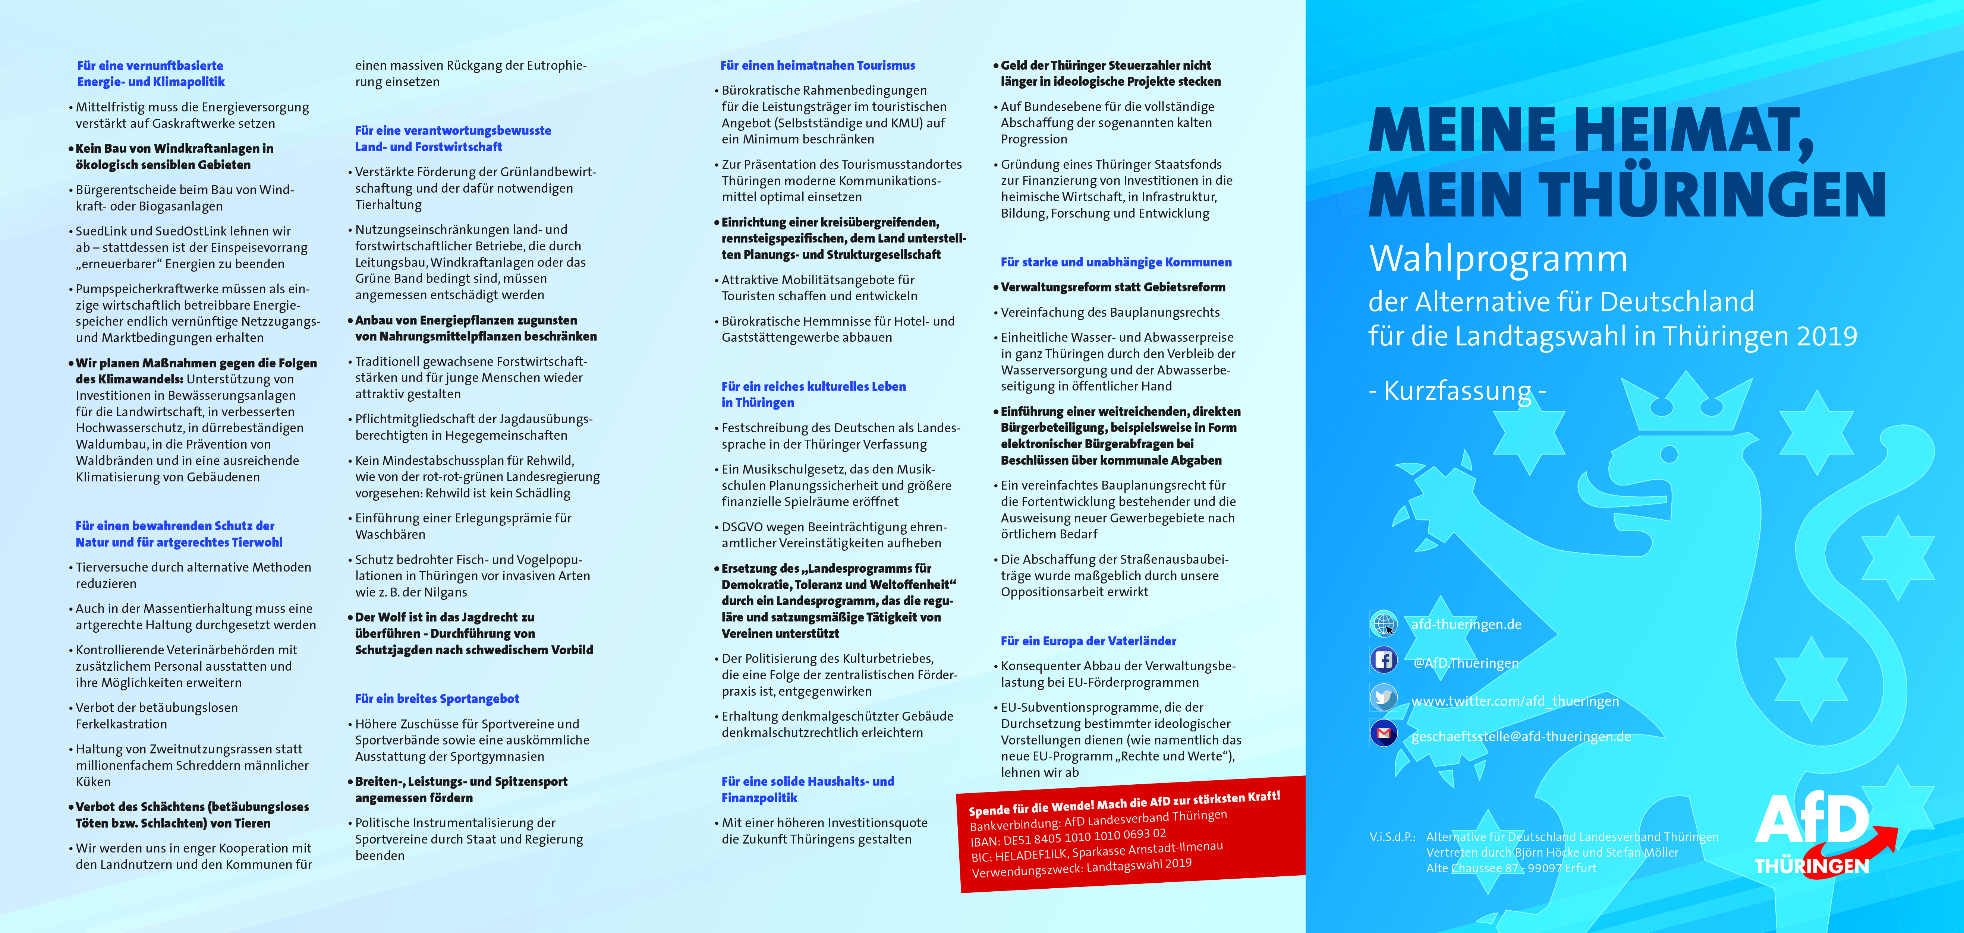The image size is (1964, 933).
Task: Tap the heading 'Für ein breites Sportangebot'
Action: point(437,699)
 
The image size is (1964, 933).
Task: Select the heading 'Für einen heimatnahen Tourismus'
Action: point(817,66)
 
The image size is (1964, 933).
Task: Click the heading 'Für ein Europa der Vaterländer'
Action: point(1088,641)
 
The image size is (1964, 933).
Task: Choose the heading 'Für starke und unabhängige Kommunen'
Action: point(1115,262)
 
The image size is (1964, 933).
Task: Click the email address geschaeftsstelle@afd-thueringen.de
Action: point(1521,736)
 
